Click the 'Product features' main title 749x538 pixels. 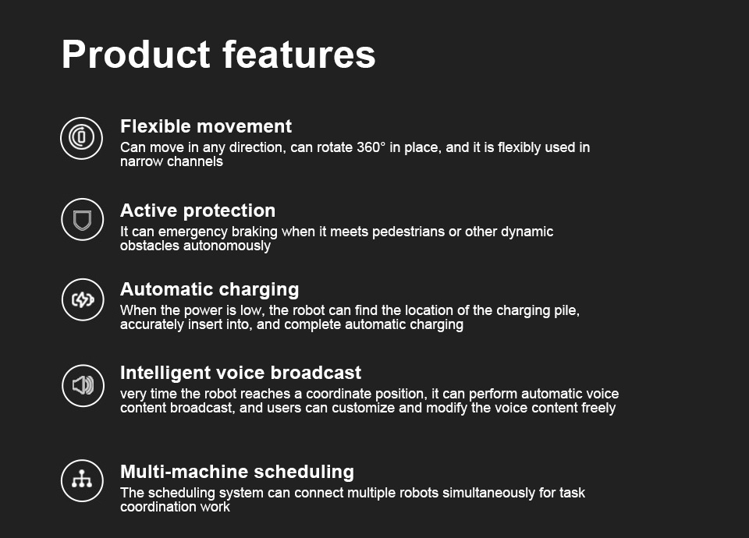[218, 55]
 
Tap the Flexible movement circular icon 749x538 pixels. [82, 138]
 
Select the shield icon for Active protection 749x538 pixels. [82, 220]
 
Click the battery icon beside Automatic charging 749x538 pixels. [83, 299]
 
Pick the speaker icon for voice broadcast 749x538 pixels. [83, 386]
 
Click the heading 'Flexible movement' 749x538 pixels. [206, 126]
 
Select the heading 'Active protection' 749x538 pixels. [197, 211]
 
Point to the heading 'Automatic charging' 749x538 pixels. [210, 290]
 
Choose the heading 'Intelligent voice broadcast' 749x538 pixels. [241, 373]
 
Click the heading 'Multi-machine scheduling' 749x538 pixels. [237, 472]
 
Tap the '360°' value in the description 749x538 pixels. [371, 147]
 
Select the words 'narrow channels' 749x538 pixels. [172, 162]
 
